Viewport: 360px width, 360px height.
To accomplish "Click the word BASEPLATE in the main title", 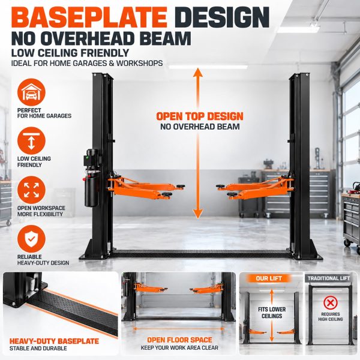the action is [x=89, y=18].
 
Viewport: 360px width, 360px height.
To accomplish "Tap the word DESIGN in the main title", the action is [x=223, y=18].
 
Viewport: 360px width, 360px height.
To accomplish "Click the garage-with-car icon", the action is [x=31, y=92].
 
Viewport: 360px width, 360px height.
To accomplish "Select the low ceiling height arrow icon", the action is [x=31, y=141].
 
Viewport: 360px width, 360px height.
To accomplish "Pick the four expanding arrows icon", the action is [x=31, y=190].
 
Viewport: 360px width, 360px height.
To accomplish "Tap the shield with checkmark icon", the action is [x=31, y=239].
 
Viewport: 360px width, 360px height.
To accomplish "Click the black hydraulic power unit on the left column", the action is [x=92, y=178].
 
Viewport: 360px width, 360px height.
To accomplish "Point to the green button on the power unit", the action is [x=87, y=157].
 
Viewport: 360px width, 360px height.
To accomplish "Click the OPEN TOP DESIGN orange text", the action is [x=200, y=116].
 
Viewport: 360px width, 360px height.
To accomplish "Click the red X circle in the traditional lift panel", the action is [x=331, y=303].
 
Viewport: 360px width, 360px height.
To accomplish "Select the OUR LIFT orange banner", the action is [x=269, y=278].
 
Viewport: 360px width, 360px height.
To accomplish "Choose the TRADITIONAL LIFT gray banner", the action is [x=329, y=278].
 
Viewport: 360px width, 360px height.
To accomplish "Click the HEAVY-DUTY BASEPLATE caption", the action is [x=54, y=341].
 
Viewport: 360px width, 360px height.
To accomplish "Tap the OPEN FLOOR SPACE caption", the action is [x=179, y=340].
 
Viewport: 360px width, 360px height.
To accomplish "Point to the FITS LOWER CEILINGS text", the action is [x=272, y=313].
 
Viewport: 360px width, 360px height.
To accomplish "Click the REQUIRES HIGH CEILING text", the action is [x=331, y=317].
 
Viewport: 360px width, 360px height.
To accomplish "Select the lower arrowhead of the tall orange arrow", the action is [x=198, y=214].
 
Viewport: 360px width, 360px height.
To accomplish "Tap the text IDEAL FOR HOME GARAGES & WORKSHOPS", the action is [x=87, y=63].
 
